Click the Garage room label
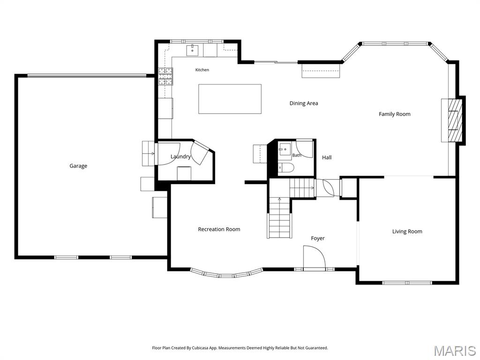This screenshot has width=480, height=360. [78, 166]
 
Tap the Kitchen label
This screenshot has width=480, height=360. [202, 70]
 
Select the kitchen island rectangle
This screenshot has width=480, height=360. [230, 99]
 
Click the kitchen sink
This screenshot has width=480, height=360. [193, 50]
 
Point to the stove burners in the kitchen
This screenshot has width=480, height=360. [165, 76]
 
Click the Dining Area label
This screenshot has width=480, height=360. [304, 104]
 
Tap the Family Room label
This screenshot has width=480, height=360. [395, 114]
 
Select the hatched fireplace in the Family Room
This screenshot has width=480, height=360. [454, 120]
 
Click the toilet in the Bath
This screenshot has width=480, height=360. [286, 168]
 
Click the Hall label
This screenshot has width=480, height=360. [327, 157]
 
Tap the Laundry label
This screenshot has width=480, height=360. [180, 157]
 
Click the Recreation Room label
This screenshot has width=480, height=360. [219, 229]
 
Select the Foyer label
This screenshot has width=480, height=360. [318, 239]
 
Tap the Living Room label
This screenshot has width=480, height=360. [407, 232]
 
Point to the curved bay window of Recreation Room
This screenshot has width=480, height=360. [226, 274]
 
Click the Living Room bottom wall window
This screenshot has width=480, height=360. [407, 283]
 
